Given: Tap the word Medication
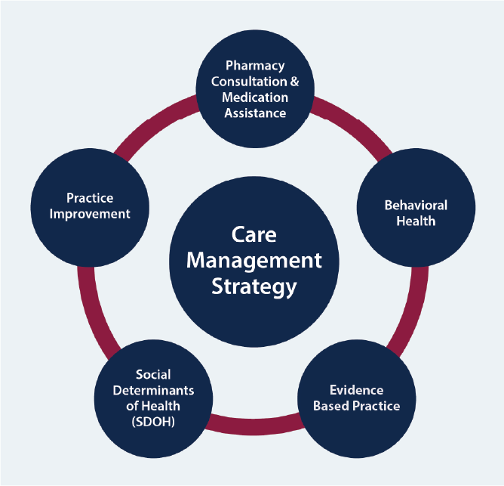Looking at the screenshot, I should [253, 98].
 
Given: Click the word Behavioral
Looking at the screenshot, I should [416, 206].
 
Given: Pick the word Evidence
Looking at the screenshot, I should [357, 390].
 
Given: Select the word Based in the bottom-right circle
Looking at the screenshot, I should [332, 406].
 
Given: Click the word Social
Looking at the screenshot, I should [153, 375].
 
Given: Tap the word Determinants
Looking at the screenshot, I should [154, 390].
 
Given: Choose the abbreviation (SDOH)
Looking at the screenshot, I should [153, 422].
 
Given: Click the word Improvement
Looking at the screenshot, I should [90, 213].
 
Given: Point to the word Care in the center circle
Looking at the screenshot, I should [254, 235].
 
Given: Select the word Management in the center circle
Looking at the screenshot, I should [254, 261].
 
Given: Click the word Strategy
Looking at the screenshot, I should [254, 286].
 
